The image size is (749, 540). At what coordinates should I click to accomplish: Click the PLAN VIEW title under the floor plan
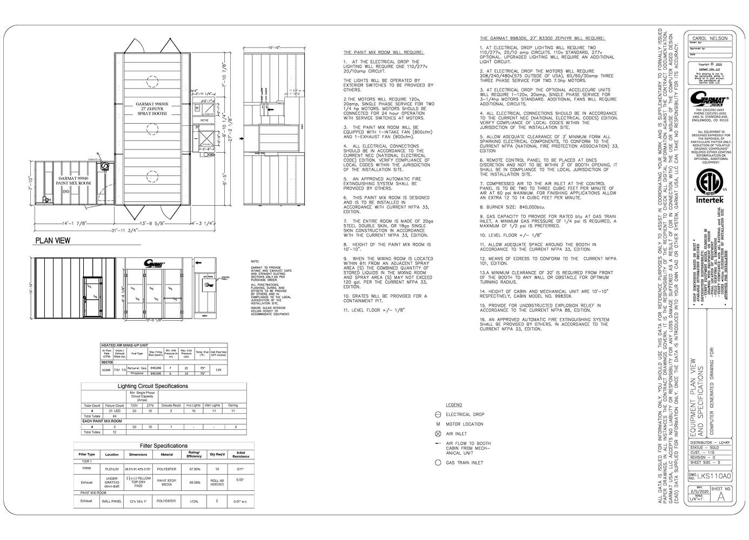tap(52, 240)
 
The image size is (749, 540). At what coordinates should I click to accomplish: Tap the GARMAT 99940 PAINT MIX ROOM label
tap(75, 180)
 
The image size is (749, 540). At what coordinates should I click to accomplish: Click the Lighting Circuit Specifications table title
tap(153, 386)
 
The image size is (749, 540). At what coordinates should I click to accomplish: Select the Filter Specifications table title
tap(163, 446)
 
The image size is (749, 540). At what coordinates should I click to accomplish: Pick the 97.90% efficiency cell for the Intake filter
tap(194, 469)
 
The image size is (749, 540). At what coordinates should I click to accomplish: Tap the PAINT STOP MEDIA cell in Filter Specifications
tap(166, 482)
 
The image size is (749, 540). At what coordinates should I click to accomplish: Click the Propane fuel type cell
tap(137, 373)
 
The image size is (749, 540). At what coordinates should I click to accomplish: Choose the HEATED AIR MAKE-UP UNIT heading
tap(124, 345)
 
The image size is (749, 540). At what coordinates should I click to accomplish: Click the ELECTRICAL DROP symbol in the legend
tap(438, 414)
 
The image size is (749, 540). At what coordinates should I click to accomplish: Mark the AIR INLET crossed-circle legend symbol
tap(438, 434)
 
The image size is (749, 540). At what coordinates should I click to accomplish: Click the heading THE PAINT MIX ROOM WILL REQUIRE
tap(383, 52)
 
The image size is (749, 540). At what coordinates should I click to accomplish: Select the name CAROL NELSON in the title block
tap(710, 38)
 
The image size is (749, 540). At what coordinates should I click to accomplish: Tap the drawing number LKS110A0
tap(713, 476)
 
